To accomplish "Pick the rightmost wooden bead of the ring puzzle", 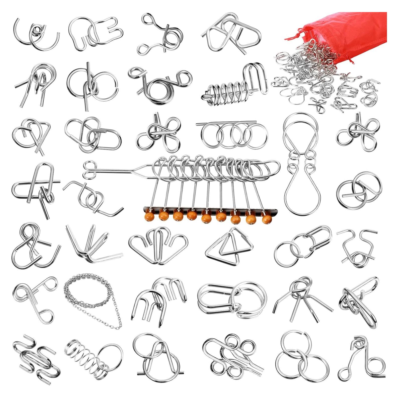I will (x=267, y=219).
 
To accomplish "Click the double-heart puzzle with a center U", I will (x=158, y=246).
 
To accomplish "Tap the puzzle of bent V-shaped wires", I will (x=93, y=246).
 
